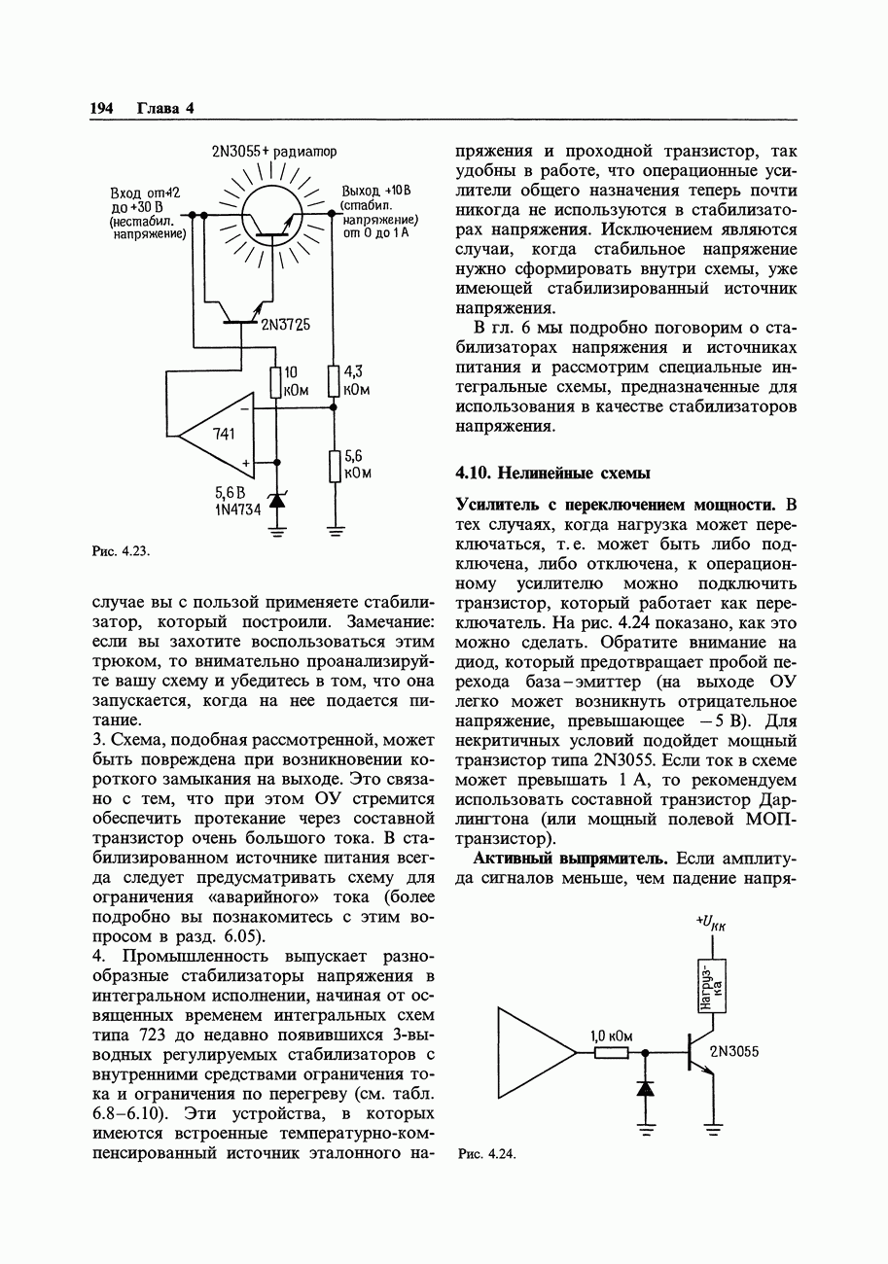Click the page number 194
[x=102, y=108]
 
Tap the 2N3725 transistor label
[x=285, y=325]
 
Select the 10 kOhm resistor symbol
[x=276, y=381]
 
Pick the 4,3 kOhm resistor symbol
[x=334, y=381]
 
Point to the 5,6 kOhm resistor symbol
[x=335, y=466]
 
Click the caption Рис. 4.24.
[x=485, y=1154]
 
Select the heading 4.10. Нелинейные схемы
[x=552, y=474]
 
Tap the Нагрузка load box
[x=712, y=985]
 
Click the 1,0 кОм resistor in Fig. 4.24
[x=611, y=1052]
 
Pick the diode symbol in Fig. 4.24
[x=644, y=1087]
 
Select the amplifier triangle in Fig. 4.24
[x=533, y=1052]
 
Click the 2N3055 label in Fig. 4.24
[x=734, y=1051]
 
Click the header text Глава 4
[x=165, y=108]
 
